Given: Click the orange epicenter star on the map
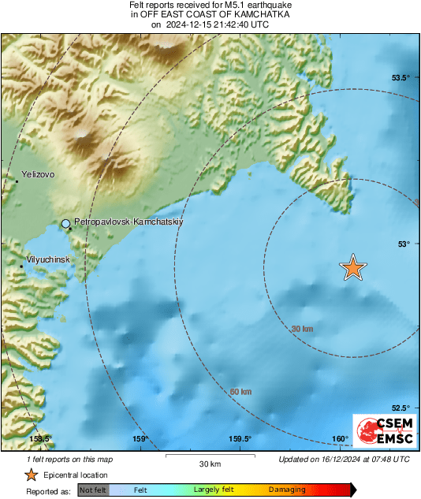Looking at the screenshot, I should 353,268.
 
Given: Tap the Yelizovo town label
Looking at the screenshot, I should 38,174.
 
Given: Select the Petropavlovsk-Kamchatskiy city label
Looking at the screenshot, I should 129,223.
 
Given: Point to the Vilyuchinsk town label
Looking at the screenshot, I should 50,259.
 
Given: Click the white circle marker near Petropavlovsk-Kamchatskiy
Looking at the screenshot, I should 65,225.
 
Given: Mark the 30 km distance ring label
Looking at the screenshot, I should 301,329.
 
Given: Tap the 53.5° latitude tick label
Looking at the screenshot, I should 401,77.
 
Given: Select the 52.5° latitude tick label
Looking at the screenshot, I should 401,408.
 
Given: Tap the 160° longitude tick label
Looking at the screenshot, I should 340,439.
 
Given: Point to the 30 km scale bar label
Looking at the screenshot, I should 209,463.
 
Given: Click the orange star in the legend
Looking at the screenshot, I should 31,475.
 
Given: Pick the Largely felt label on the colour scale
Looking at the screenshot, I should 213,490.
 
